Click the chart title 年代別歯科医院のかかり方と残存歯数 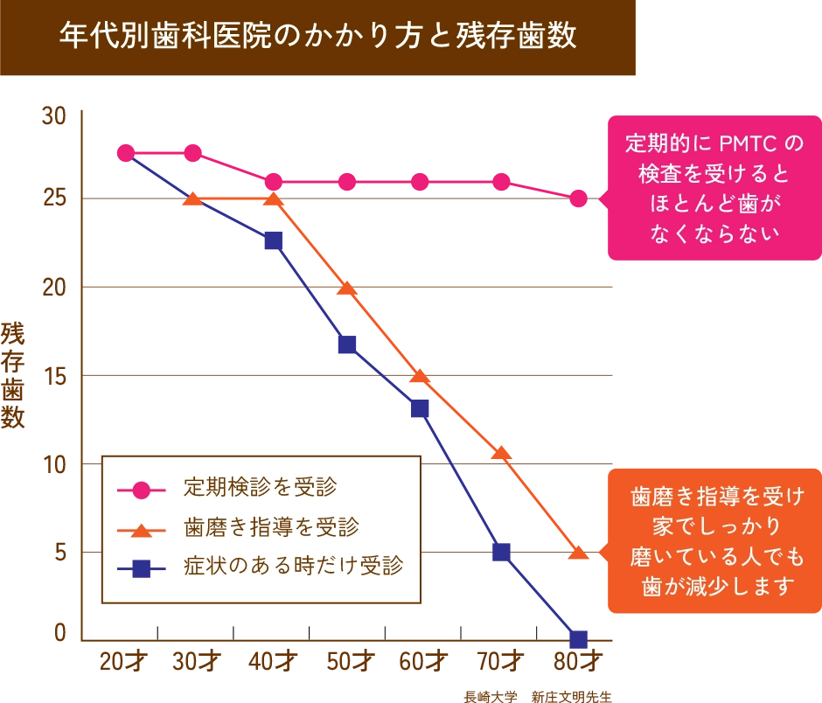[317, 36]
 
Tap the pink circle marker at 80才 [578, 198]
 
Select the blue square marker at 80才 [578, 638]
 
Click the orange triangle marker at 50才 [347, 289]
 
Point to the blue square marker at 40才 [273, 240]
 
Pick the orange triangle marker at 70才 [501, 453]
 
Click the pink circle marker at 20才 [126, 153]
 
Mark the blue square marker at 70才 [501, 552]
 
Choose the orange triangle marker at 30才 [192, 199]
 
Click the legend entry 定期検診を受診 [260, 487]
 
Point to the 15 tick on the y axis [55, 376]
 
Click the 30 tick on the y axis [55, 115]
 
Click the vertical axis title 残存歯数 [14, 376]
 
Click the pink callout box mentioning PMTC [714, 188]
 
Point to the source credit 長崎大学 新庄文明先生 [537, 697]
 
